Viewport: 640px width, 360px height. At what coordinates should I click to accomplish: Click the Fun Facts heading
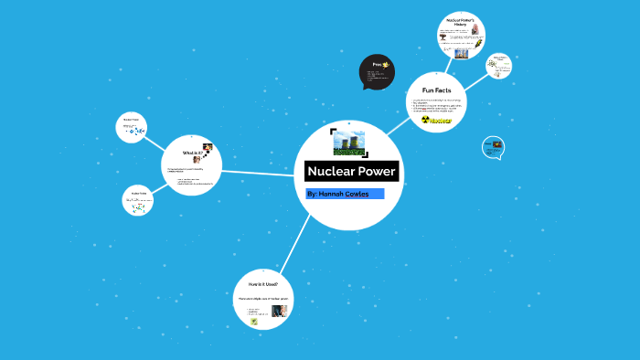436,90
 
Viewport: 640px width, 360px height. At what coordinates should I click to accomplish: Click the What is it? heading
192,153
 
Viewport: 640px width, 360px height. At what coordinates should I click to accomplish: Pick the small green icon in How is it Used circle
255,322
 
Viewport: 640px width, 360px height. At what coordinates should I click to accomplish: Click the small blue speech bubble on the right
493,147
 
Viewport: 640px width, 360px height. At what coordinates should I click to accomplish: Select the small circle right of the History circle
499,66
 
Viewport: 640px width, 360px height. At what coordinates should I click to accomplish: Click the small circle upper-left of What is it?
133,127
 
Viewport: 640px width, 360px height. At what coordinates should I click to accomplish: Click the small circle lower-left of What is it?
138,201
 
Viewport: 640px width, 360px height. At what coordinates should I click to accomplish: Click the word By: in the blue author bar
314,194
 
